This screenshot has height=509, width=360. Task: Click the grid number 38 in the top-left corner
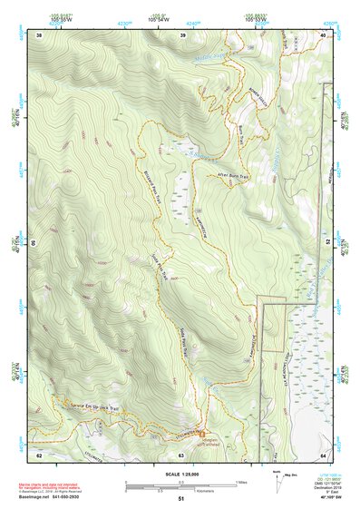point(40,34)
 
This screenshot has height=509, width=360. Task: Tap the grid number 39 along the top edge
point(183,34)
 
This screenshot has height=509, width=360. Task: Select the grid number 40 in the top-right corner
point(325,34)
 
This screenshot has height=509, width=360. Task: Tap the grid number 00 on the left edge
point(35,244)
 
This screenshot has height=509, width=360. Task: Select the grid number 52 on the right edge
point(328,244)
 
